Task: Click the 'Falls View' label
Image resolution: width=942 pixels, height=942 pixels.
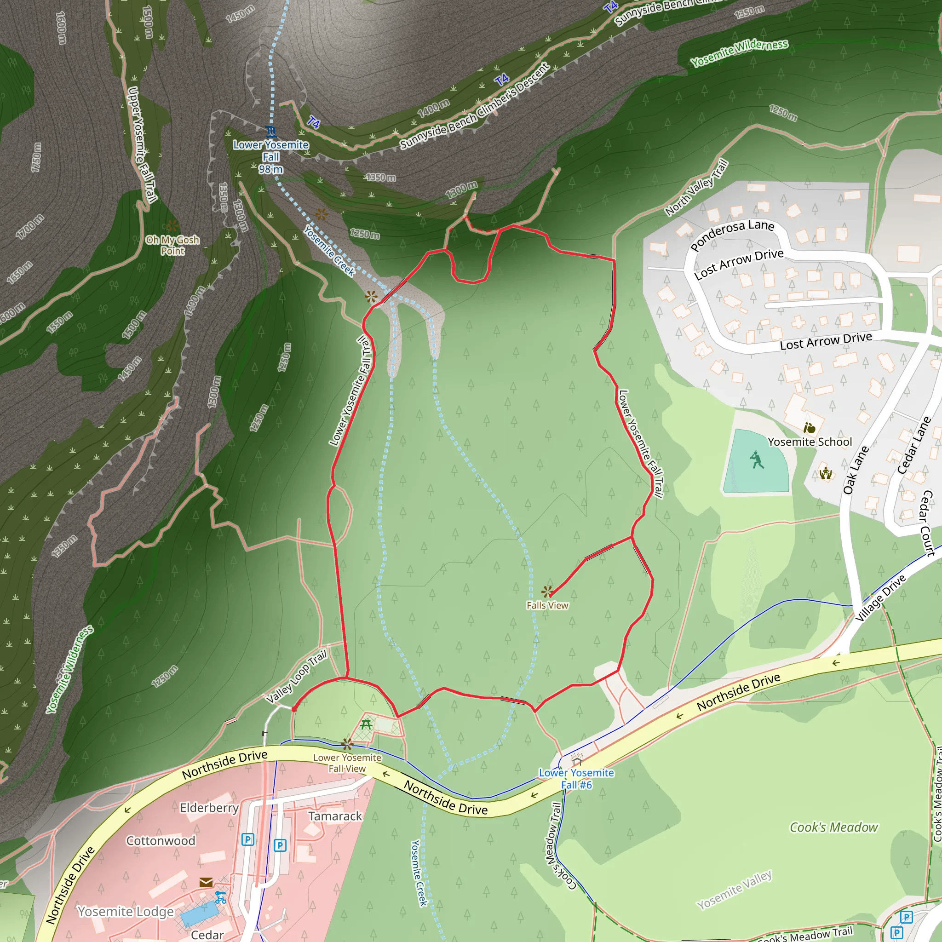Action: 547,605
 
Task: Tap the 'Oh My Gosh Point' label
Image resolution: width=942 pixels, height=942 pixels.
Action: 172,245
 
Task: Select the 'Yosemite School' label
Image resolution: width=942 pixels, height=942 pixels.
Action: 810,442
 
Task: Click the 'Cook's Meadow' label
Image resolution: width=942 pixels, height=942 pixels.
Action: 833,827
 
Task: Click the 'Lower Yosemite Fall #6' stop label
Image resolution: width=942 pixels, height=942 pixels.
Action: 576,779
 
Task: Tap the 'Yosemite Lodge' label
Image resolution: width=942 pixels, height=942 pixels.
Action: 125,911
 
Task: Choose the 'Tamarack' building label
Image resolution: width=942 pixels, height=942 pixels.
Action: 335,816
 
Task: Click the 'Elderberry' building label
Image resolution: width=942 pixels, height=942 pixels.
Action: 209,808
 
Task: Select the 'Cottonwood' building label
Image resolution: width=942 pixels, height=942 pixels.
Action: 161,841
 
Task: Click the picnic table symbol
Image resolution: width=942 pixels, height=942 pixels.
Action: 366,724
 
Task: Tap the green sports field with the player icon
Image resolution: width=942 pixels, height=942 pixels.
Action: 756,460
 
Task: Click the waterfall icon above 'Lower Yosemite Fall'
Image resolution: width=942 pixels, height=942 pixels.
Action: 271,131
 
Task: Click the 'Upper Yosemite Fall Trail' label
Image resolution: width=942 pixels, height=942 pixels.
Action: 141,144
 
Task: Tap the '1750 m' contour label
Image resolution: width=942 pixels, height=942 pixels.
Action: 36,157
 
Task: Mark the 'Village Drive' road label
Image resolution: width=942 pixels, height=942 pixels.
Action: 880,598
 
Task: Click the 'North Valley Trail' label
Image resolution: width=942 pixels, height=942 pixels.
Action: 696,188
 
